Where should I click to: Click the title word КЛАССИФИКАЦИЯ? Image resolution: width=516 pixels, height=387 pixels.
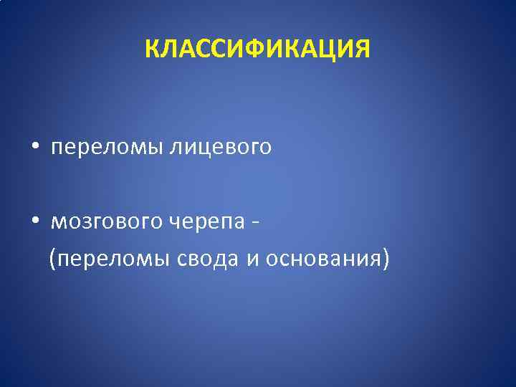[x=258, y=49]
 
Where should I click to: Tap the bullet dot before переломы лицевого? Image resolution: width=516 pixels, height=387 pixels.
[x=34, y=148]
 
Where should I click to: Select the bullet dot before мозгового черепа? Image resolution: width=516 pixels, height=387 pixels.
[x=34, y=222]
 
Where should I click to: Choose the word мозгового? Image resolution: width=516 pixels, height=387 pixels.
[x=107, y=222]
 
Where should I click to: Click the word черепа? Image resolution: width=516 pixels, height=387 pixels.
[x=207, y=222]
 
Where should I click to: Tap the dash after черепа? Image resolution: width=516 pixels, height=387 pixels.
[x=256, y=222]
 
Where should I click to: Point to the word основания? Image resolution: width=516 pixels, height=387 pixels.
[x=322, y=257]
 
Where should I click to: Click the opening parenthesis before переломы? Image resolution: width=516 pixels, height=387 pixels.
[x=52, y=257]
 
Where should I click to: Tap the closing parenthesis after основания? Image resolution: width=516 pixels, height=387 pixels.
[x=386, y=257]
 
